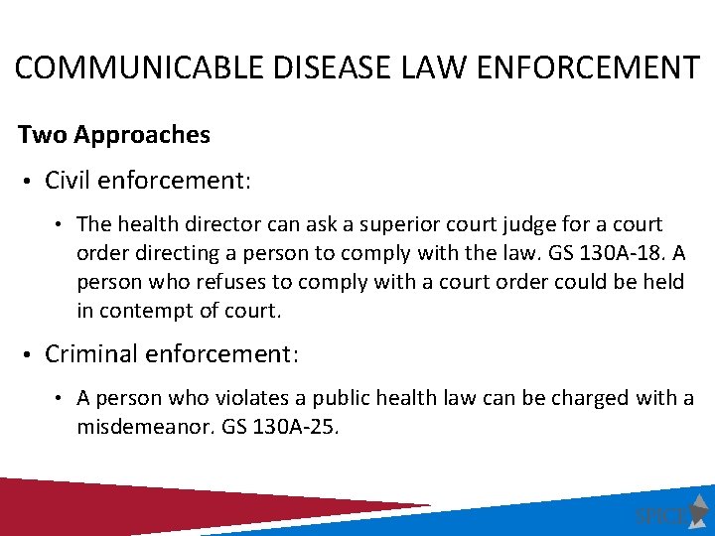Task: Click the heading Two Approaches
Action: click(114, 135)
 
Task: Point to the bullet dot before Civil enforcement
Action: click(30, 181)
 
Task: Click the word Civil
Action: click(69, 180)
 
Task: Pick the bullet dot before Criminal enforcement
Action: click(30, 354)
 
